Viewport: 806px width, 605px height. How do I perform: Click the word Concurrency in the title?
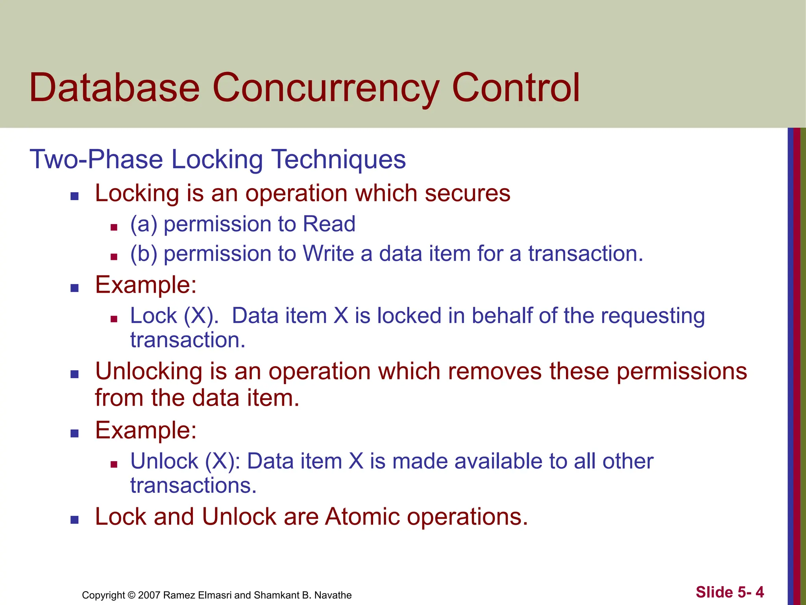point(326,88)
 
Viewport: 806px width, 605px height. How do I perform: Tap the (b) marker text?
point(144,254)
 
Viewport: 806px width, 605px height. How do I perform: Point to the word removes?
point(501,371)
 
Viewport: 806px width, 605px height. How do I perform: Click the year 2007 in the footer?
point(149,595)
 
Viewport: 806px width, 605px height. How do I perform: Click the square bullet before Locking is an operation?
point(74,196)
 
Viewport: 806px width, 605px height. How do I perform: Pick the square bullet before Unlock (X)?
point(114,464)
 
